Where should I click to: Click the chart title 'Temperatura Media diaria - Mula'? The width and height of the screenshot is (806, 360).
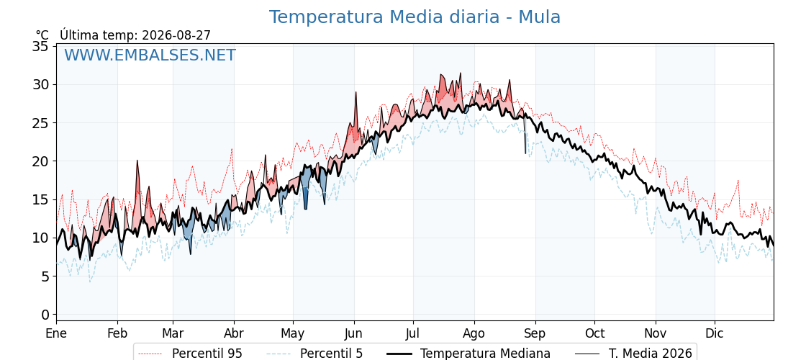tap(415, 17)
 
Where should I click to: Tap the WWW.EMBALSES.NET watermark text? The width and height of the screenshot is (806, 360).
tap(150, 55)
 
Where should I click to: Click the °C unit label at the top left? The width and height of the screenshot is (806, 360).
tap(42, 35)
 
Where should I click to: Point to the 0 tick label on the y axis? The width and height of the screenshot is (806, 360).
tap(46, 314)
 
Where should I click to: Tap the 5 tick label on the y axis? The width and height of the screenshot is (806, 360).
tap(46, 276)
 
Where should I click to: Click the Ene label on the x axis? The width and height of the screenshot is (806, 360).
tap(56, 333)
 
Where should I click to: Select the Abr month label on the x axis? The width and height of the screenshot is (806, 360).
tap(235, 333)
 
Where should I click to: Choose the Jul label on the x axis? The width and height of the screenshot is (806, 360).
tap(414, 333)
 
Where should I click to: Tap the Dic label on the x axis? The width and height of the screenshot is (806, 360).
tap(715, 333)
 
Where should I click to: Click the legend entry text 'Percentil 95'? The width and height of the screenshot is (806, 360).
tap(207, 354)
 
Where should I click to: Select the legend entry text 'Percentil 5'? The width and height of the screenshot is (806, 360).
tap(332, 354)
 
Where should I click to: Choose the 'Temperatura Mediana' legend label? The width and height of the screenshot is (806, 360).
tap(485, 354)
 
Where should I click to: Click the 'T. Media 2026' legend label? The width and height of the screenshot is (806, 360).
tap(651, 354)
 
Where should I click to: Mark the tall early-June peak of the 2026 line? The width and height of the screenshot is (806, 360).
tap(356, 93)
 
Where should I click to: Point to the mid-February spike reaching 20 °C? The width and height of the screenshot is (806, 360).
tap(137, 161)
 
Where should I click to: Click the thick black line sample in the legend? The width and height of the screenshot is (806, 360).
tap(399, 354)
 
